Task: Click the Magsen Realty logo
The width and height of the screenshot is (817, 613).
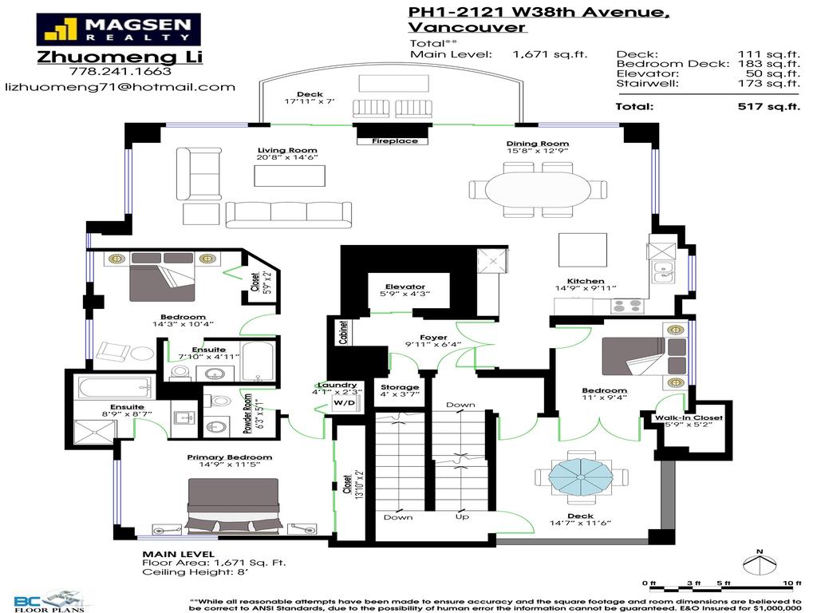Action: click(x=118, y=30)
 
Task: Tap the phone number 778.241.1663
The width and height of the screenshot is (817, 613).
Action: click(x=120, y=71)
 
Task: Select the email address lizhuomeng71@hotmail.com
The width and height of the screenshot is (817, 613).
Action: click(x=120, y=87)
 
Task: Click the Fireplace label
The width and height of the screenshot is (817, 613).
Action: click(x=394, y=141)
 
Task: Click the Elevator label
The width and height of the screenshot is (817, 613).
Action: click(x=405, y=287)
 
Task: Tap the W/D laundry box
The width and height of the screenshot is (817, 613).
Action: click(x=345, y=404)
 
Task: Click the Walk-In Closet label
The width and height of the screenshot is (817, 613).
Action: click(x=688, y=417)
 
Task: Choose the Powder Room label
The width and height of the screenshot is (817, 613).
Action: click(x=248, y=413)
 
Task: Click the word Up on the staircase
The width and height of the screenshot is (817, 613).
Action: click(x=462, y=517)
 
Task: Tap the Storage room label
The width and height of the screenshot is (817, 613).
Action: click(x=399, y=387)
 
